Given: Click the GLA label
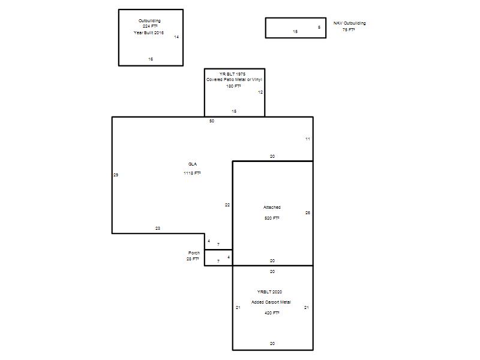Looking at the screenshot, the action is [x=193, y=164].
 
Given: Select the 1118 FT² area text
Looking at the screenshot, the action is [x=192, y=173].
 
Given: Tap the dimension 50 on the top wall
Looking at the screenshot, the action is [x=212, y=121].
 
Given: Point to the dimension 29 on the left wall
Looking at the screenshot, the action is [x=116, y=175].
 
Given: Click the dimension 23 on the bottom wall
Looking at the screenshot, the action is [x=158, y=229].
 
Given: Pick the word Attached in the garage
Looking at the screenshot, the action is [x=272, y=207].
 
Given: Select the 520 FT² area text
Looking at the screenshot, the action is [x=272, y=218].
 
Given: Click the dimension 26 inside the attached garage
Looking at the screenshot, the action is [x=308, y=213].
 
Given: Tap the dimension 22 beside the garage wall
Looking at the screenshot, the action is [x=227, y=205].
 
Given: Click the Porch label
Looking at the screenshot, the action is [x=194, y=253].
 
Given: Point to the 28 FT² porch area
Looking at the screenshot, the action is [x=193, y=259].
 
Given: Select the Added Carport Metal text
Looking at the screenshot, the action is [x=271, y=302].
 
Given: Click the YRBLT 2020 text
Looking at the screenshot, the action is [x=269, y=292].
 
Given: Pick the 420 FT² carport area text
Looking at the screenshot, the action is [x=272, y=313].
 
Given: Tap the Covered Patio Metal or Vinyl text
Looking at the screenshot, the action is [x=234, y=80].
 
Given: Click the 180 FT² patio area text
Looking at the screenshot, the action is [x=233, y=86].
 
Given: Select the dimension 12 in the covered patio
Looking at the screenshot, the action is [x=260, y=92].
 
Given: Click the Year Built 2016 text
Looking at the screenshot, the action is [x=149, y=32].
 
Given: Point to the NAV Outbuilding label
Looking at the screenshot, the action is [x=350, y=23].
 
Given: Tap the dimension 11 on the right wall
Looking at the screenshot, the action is [x=308, y=139].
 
